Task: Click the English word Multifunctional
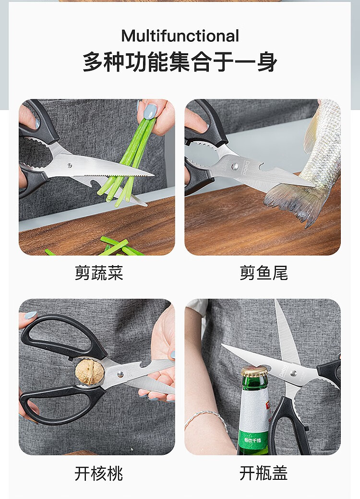click(x=180, y=36)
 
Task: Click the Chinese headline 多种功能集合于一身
click(x=180, y=61)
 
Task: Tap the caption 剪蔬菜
click(x=99, y=273)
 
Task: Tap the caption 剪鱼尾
click(x=264, y=273)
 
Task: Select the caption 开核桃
click(x=99, y=473)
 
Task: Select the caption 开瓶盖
click(x=264, y=473)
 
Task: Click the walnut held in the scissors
click(x=90, y=372)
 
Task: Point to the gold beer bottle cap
click(x=254, y=371)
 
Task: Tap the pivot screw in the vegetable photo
click(x=69, y=166)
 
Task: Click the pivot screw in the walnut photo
click(x=120, y=374)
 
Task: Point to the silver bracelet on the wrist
click(x=206, y=417)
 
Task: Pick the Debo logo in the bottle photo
click(x=283, y=371)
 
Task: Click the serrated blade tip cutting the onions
click(x=149, y=175)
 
